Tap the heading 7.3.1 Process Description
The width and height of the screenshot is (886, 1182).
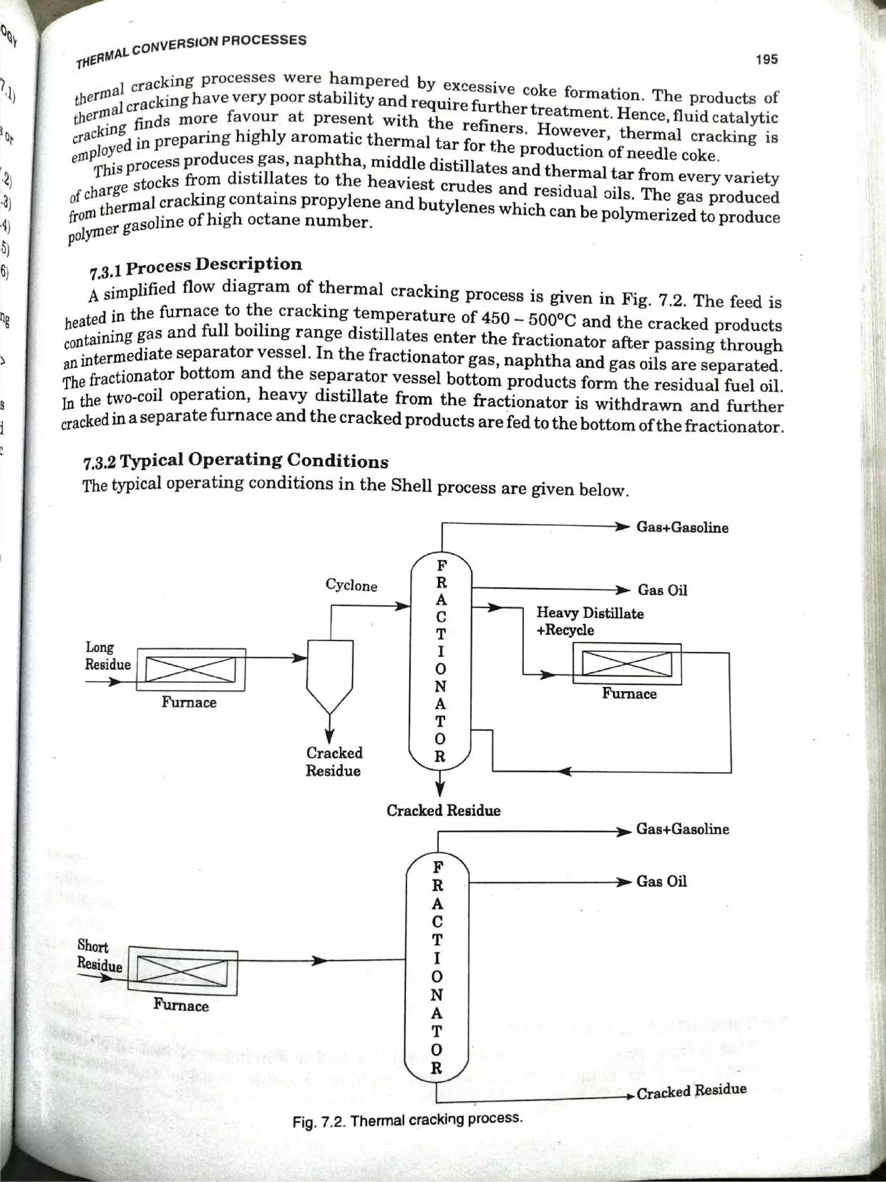(x=196, y=267)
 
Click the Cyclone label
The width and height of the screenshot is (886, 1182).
(x=351, y=586)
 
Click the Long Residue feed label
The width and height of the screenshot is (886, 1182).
(x=107, y=656)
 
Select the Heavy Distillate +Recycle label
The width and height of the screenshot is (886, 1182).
(x=590, y=622)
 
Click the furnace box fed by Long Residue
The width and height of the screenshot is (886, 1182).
(x=191, y=670)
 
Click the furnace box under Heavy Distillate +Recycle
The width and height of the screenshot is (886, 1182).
(x=627, y=663)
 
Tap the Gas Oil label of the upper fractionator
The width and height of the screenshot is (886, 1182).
(x=662, y=590)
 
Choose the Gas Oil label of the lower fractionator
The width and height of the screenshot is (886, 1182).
(x=661, y=882)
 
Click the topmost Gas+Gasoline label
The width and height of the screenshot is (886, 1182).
(x=682, y=528)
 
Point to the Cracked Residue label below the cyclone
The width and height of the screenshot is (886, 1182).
(x=334, y=761)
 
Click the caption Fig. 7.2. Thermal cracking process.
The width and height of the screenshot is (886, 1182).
(x=408, y=1120)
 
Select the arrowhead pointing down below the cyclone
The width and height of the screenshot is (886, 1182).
(x=330, y=736)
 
